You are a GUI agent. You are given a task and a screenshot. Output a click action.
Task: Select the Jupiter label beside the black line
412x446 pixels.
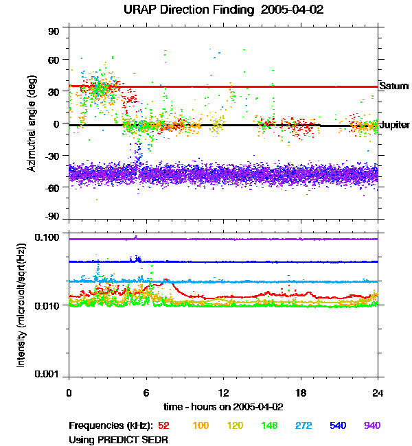[x=395, y=126]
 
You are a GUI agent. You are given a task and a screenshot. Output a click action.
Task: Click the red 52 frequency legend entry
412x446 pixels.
[x=163, y=426]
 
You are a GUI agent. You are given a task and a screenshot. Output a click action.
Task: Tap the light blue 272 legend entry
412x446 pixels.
[x=303, y=426]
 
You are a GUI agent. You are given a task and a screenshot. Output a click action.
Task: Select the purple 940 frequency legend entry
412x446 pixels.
[x=371, y=426]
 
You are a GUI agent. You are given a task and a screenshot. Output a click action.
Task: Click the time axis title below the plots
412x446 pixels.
[x=223, y=406]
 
